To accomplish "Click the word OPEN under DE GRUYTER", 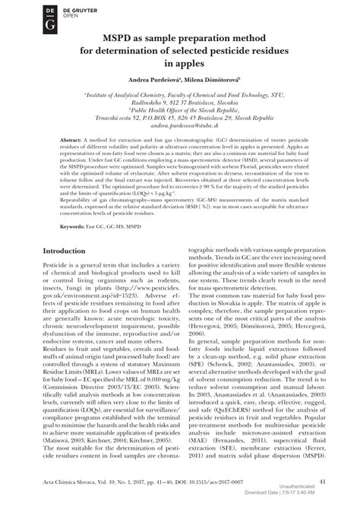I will [x=50, y=14].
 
